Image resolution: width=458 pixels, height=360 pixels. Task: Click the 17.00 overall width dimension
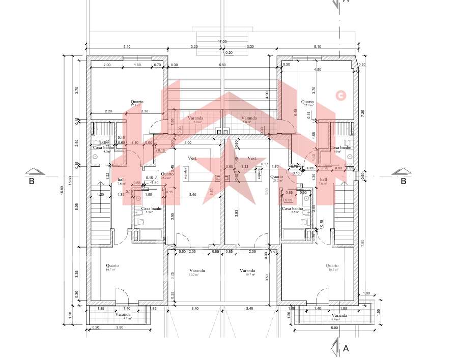tap(222, 41)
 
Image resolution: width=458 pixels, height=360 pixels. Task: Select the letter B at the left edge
tap(32, 181)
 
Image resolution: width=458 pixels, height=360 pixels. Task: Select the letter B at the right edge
tap(403, 181)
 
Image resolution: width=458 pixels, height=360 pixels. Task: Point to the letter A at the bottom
tap(346, 349)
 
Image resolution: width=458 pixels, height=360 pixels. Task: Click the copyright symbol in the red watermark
tap(340, 95)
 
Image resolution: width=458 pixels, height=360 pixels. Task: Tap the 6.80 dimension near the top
tap(222, 65)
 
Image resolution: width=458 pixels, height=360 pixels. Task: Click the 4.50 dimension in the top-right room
tap(318, 70)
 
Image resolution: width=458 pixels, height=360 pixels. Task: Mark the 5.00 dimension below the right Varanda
tap(334, 328)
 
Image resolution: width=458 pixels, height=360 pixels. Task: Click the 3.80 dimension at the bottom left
tap(120, 327)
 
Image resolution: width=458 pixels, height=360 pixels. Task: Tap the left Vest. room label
tap(193, 158)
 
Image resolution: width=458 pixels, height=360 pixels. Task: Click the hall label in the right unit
tap(323, 180)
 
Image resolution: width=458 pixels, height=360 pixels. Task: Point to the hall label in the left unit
tap(121, 180)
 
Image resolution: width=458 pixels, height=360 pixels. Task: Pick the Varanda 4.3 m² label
tap(123, 316)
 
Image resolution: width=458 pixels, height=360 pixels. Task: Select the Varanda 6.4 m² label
tap(338, 317)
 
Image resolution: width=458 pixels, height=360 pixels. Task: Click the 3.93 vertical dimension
tap(237, 214)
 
